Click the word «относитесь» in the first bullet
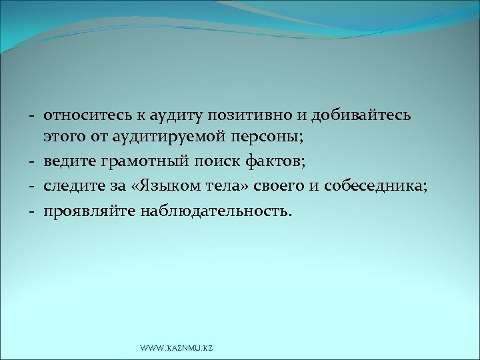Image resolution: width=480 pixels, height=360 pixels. pos(84,115)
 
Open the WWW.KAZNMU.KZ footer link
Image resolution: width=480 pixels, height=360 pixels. pos(175,349)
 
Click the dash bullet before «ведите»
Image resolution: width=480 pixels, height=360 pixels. pos(32,162)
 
